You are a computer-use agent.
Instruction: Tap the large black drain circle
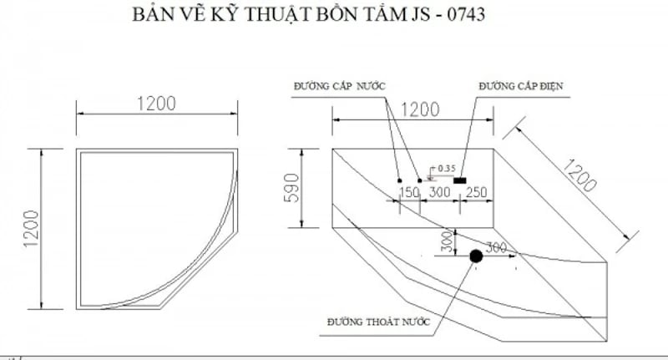point(475,256)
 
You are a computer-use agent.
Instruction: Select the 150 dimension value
point(409,193)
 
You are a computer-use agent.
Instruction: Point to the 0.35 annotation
point(445,169)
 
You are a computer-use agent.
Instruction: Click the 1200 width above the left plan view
point(156,104)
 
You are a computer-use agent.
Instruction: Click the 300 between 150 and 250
point(439,193)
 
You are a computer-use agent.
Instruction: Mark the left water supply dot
point(399,180)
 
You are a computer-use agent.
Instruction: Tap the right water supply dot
point(419,180)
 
